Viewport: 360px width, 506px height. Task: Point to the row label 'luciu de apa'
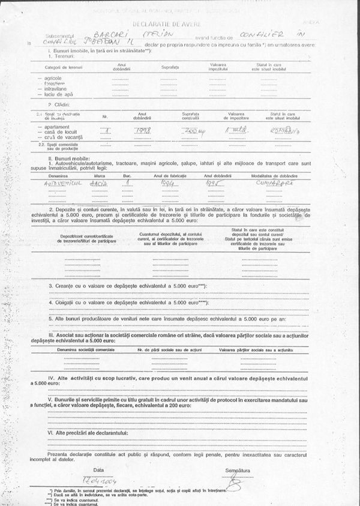pyautogui.click(x=56, y=95)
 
